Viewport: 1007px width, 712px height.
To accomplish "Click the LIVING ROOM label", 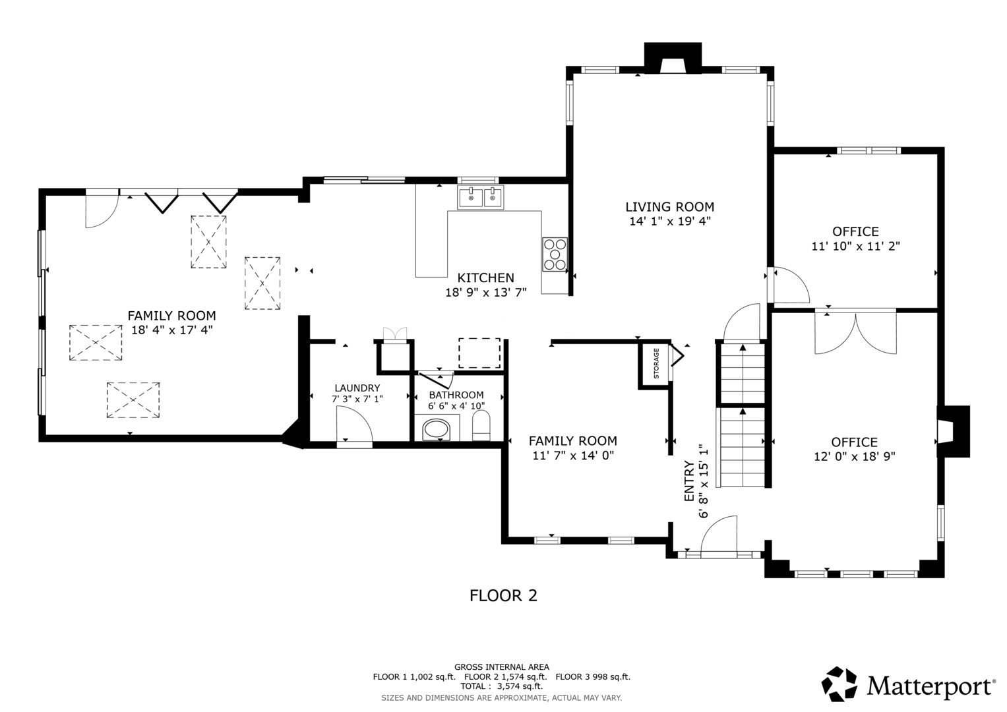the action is coord(669,207).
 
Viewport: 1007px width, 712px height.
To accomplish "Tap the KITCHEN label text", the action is coord(485,278).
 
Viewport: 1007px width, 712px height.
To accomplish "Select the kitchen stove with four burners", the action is coord(555,254).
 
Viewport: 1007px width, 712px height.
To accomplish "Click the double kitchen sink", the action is coord(480,197).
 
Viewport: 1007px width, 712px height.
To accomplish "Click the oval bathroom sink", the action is coord(436,430).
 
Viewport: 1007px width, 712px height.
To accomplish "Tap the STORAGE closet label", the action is coord(656,363).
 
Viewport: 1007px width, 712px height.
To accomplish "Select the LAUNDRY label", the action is coord(357,388).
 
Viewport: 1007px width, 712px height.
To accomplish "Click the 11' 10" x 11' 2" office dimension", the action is coord(855,247).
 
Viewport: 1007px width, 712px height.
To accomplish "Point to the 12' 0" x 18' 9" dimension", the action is coord(854,457).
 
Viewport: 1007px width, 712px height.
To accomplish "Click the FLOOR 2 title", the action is coord(503,595).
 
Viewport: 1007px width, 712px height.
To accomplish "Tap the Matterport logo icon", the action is coord(839,684).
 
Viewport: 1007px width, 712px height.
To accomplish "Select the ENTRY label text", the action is coord(688,481).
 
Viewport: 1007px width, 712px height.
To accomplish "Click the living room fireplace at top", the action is coord(673,58).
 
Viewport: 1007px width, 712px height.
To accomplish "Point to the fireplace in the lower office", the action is coord(953,432).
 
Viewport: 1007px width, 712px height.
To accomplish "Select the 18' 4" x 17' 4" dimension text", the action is coord(171,330).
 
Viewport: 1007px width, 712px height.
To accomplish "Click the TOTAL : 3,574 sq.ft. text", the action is coord(501,686).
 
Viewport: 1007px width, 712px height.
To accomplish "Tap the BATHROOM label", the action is coord(456,395).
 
